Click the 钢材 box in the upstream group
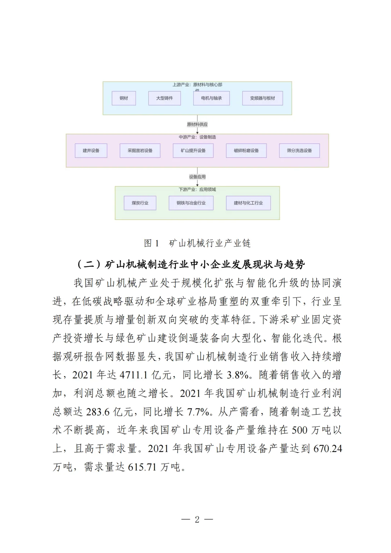[x=124, y=98]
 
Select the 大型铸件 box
[x=164, y=98]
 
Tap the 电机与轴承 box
[x=211, y=98]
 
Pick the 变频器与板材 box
[x=262, y=98]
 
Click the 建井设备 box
[x=91, y=151]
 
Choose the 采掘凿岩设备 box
[x=140, y=151]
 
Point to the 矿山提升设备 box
[x=193, y=151]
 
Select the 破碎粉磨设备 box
[x=246, y=151]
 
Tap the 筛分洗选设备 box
[x=299, y=151]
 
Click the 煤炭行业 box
[x=140, y=203]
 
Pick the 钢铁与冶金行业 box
[x=191, y=203]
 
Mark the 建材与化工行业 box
[x=248, y=203]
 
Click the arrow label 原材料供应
[x=197, y=124]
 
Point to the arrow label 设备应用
[x=197, y=177]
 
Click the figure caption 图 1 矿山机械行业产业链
[x=197, y=243]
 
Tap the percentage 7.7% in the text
[x=198, y=412]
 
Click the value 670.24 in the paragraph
[x=328, y=449]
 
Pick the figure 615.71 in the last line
[x=142, y=467]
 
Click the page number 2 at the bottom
[x=197, y=520]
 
